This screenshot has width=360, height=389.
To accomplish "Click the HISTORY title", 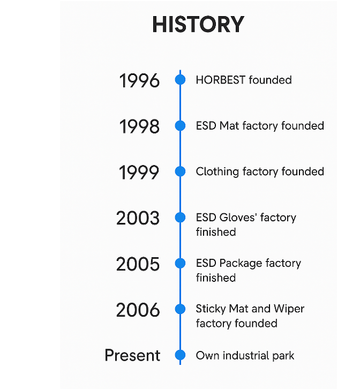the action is [x=198, y=24].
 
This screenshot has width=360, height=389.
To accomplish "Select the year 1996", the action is [x=139, y=80].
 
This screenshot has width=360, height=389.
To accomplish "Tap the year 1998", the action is [x=139, y=126].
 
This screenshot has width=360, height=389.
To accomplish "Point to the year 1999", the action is [x=139, y=172].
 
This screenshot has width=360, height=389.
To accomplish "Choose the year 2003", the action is [x=138, y=218].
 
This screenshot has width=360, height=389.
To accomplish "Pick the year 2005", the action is [x=138, y=264].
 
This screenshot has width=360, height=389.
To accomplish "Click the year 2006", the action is [x=138, y=310].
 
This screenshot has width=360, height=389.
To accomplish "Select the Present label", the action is [x=132, y=355].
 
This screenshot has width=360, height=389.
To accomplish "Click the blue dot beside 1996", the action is [x=180, y=80].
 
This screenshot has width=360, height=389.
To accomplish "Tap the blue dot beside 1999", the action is [x=180, y=171].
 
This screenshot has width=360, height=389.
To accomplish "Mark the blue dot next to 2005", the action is [x=180, y=263].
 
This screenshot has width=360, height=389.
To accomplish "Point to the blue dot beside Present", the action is [x=180, y=355].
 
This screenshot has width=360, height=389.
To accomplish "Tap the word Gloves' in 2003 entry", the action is [x=238, y=218].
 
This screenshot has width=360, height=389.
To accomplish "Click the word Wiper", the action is [x=289, y=309].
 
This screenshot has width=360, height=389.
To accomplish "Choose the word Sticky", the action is [x=211, y=309].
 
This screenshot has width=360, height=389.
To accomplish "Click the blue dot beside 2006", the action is [x=180, y=309].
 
